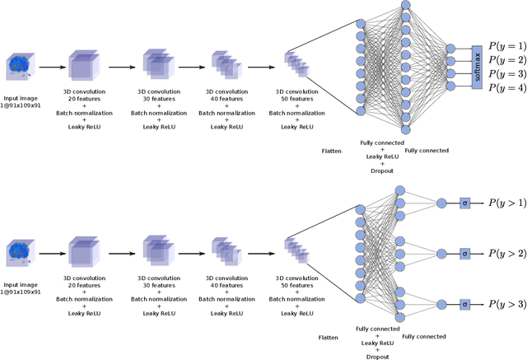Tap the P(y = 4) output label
point(506,88)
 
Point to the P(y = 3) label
point(506,73)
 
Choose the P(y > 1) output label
point(506,203)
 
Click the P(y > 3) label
point(506,305)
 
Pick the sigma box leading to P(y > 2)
point(464,254)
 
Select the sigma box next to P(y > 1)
point(464,203)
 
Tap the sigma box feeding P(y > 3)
point(464,305)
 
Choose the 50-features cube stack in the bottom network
point(296,251)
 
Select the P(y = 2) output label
point(506,59)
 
